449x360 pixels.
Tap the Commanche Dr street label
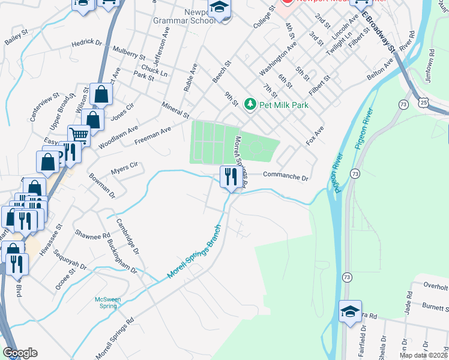(285, 178)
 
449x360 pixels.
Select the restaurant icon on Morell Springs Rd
(230, 177)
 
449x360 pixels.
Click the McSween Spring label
(108, 302)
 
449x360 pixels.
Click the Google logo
(20, 353)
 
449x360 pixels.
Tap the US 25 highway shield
(424, 104)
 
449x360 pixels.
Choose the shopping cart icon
(78, 136)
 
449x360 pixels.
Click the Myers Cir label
(125, 169)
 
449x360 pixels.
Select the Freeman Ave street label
(153, 135)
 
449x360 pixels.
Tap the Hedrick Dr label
(87, 43)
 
